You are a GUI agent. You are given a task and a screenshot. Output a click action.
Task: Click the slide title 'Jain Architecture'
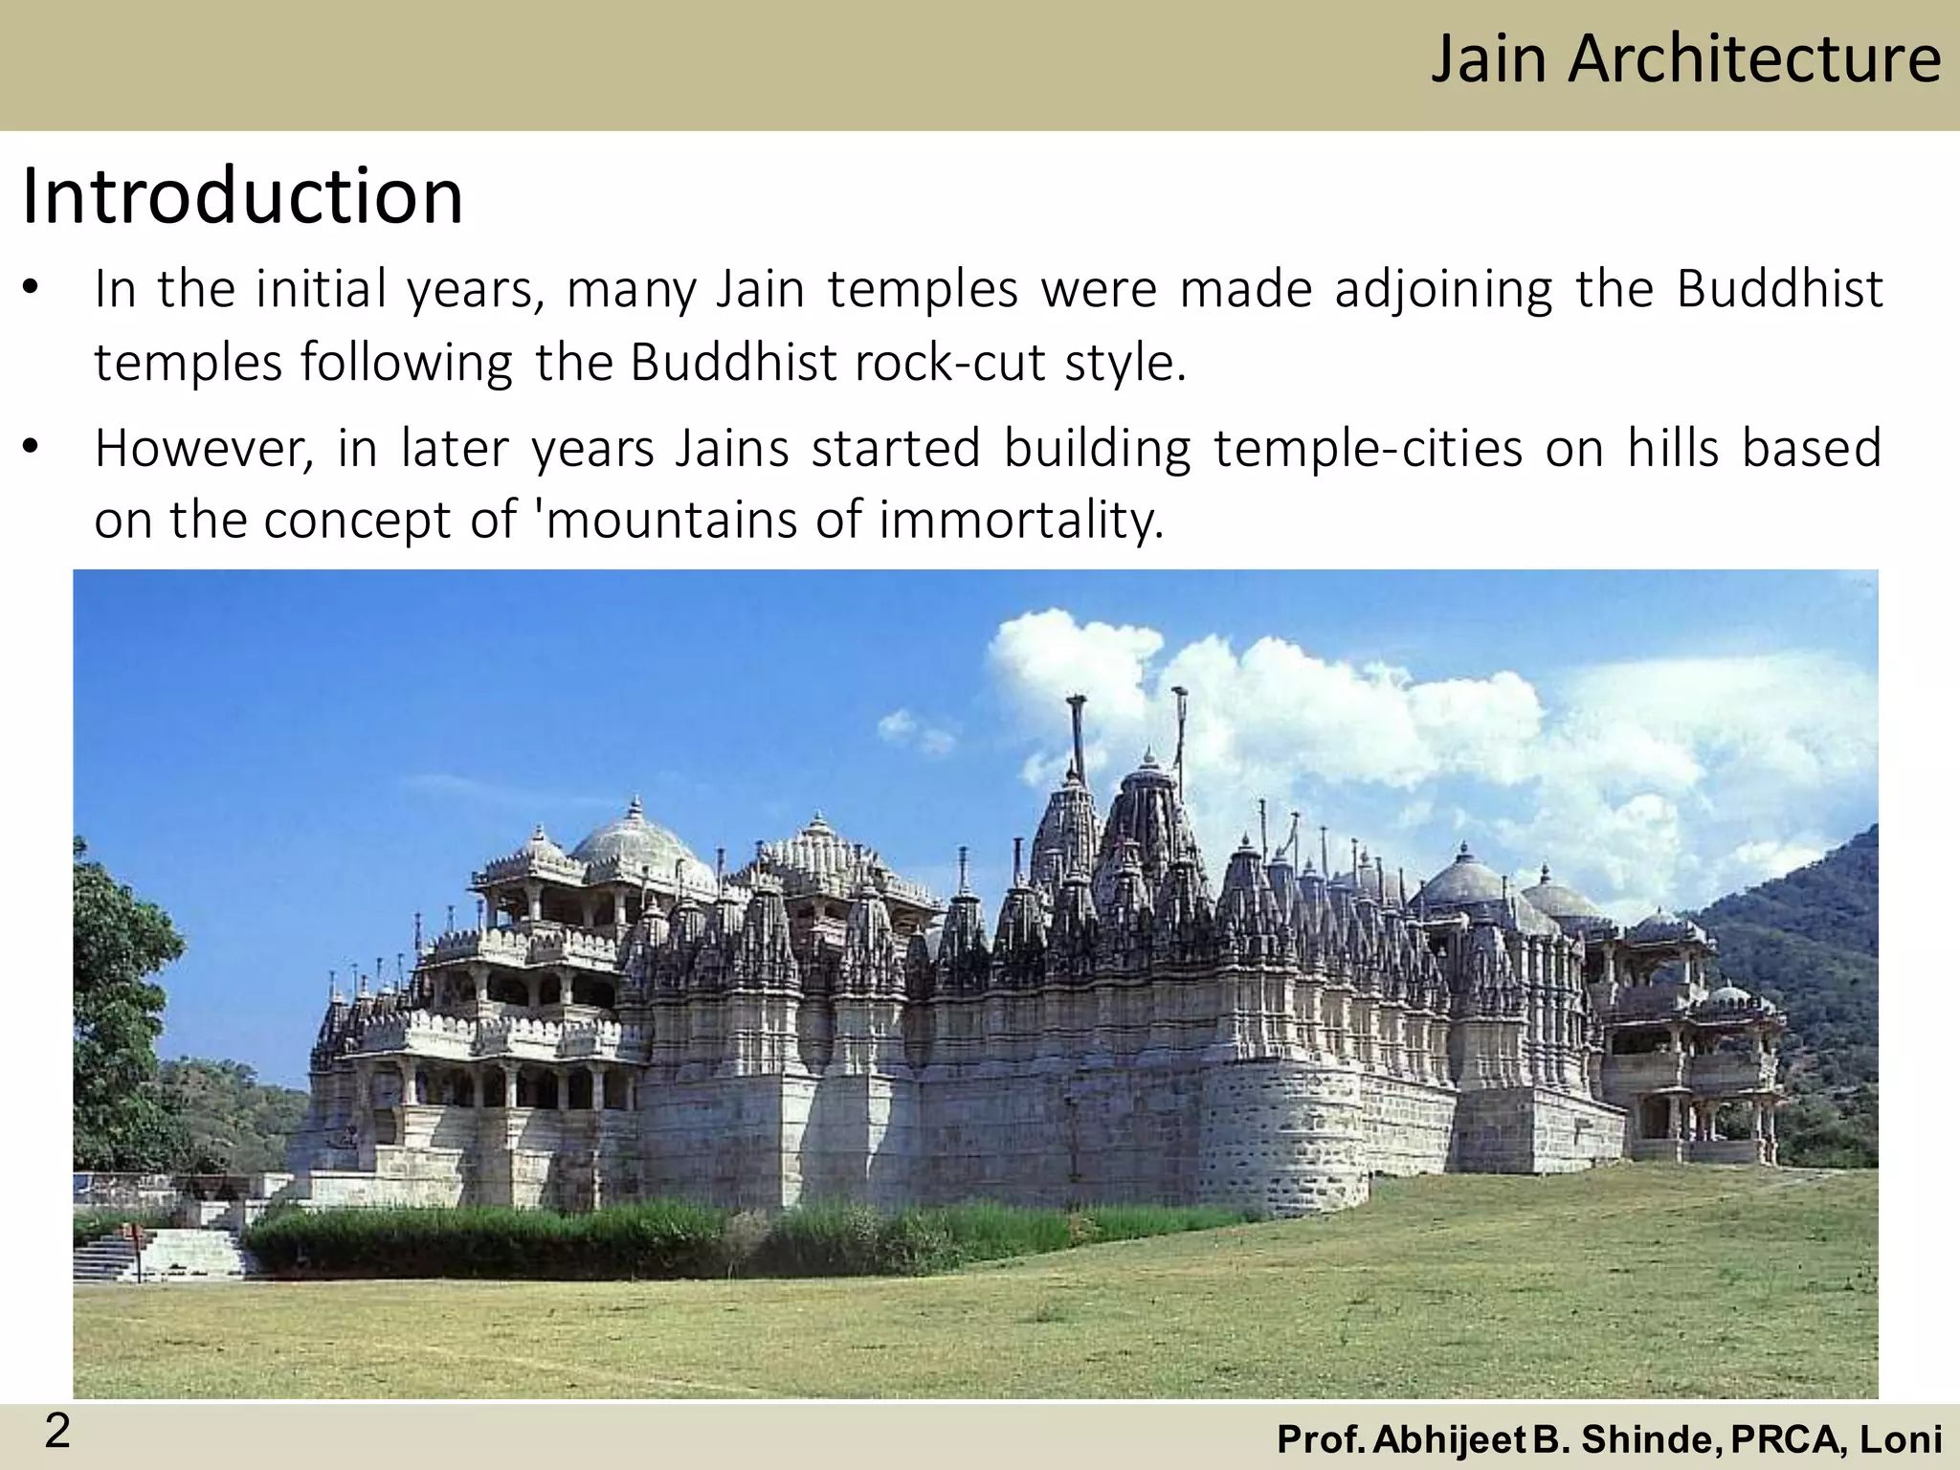click(x=1685, y=59)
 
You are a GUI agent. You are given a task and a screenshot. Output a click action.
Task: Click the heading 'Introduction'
click(x=242, y=196)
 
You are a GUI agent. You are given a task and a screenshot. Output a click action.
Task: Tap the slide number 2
click(x=57, y=1433)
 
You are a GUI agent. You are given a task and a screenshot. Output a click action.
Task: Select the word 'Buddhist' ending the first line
click(x=1779, y=289)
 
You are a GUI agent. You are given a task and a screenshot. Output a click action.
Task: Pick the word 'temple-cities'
click(x=1368, y=448)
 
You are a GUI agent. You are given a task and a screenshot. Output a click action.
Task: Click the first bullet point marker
click(x=33, y=289)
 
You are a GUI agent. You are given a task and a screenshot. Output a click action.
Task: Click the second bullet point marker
click(x=33, y=448)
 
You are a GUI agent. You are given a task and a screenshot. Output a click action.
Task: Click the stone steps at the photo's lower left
click(x=163, y=1253)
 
